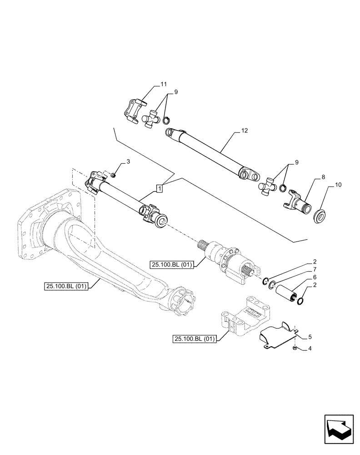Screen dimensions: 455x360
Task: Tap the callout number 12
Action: (x=245, y=131)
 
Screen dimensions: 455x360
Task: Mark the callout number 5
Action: (x=310, y=337)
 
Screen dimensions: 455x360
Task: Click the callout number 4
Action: (x=310, y=349)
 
